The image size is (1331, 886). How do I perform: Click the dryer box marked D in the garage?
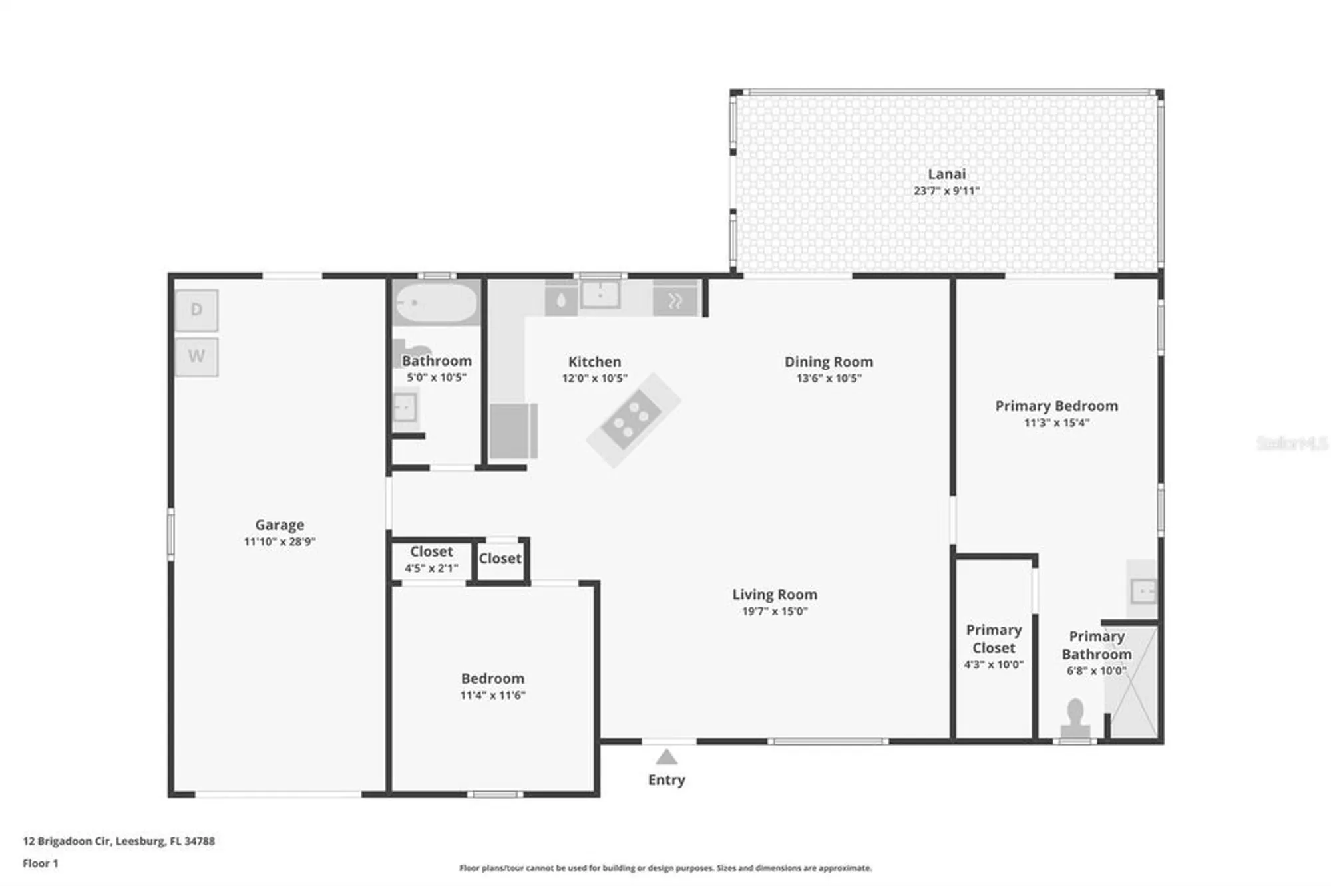(x=196, y=310)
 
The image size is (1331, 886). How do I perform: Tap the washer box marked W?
(x=196, y=357)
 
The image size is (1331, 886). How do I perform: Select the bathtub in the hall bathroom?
(x=436, y=303)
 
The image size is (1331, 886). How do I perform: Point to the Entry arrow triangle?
(x=666, y=757)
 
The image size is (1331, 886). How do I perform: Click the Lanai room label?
(x=946, y=174)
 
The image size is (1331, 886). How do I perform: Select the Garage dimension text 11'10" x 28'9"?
(x=280, y=541)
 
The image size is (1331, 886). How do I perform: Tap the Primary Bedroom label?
(x=1056, y=406)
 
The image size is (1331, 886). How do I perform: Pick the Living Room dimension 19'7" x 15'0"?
(x=775, y=611)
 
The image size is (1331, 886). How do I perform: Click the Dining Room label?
(x=829, y=362)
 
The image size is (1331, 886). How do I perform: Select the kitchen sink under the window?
(x=600, y=294)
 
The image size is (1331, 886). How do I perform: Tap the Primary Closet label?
(x=994, y=639)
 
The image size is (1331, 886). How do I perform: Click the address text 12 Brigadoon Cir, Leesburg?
(x=118, y=841)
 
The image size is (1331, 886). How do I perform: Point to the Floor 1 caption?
(x=41, y=863)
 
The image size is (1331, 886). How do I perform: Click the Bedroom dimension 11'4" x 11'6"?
(x=492, y=695)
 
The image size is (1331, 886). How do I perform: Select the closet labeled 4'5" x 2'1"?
(x=431, y=559)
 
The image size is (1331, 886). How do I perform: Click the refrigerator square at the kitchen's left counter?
(x=513, y=431)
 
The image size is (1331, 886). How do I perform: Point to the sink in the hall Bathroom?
(x=405, y=407)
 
